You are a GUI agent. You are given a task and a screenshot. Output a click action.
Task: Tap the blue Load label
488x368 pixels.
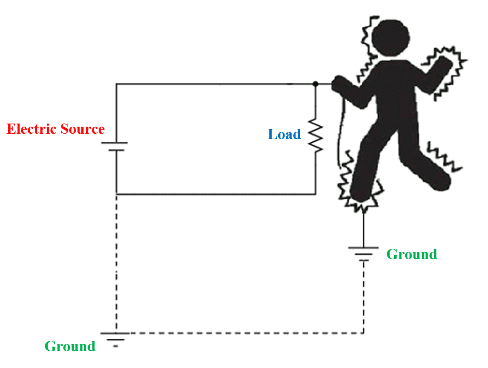(x=284, y=134)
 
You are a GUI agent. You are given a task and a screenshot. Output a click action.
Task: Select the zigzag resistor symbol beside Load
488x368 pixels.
(x=315, y=136)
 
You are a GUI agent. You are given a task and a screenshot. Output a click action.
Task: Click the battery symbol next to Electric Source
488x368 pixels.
(x=116, y=147)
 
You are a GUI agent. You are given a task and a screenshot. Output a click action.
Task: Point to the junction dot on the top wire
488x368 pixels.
(x=315, y=84)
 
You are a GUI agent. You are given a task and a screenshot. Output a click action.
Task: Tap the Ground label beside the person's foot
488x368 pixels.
(x=412, y=254)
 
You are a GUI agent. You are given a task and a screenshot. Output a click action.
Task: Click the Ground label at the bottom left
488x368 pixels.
(x=70, y=346)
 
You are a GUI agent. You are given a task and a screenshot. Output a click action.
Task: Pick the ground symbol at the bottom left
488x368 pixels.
(x=116, y=337)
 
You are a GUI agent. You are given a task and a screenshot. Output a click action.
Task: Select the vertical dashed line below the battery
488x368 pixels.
(x=116, y=262)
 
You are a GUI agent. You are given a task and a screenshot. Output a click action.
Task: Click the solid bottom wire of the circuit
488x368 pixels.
(x=216, y=194)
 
